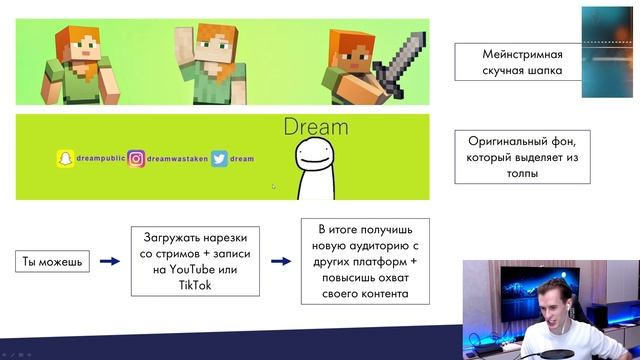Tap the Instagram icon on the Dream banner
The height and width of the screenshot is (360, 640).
[136, 158]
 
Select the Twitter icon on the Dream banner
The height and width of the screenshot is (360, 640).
[219, 158]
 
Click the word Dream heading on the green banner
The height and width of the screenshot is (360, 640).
[316, 127]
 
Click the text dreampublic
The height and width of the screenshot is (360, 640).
[100, 158]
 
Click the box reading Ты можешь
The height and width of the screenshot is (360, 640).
[50, 262]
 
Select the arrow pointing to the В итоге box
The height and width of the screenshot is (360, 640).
[280, 262]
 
